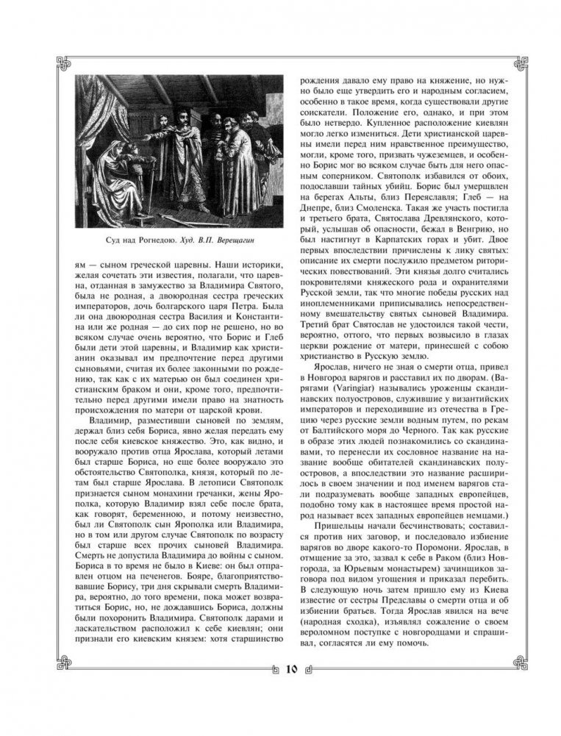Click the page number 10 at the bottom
point(288,669)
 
